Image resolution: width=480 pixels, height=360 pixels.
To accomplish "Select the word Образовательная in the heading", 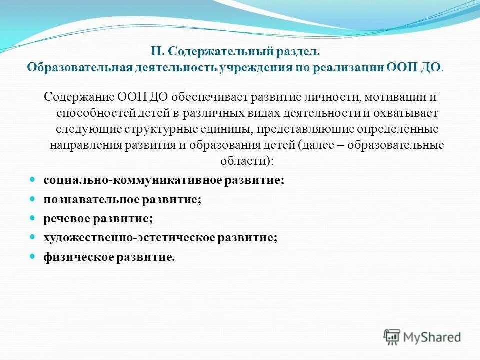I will tap(79, 67).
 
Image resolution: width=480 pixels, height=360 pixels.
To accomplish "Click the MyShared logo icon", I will tap(392, 336).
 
